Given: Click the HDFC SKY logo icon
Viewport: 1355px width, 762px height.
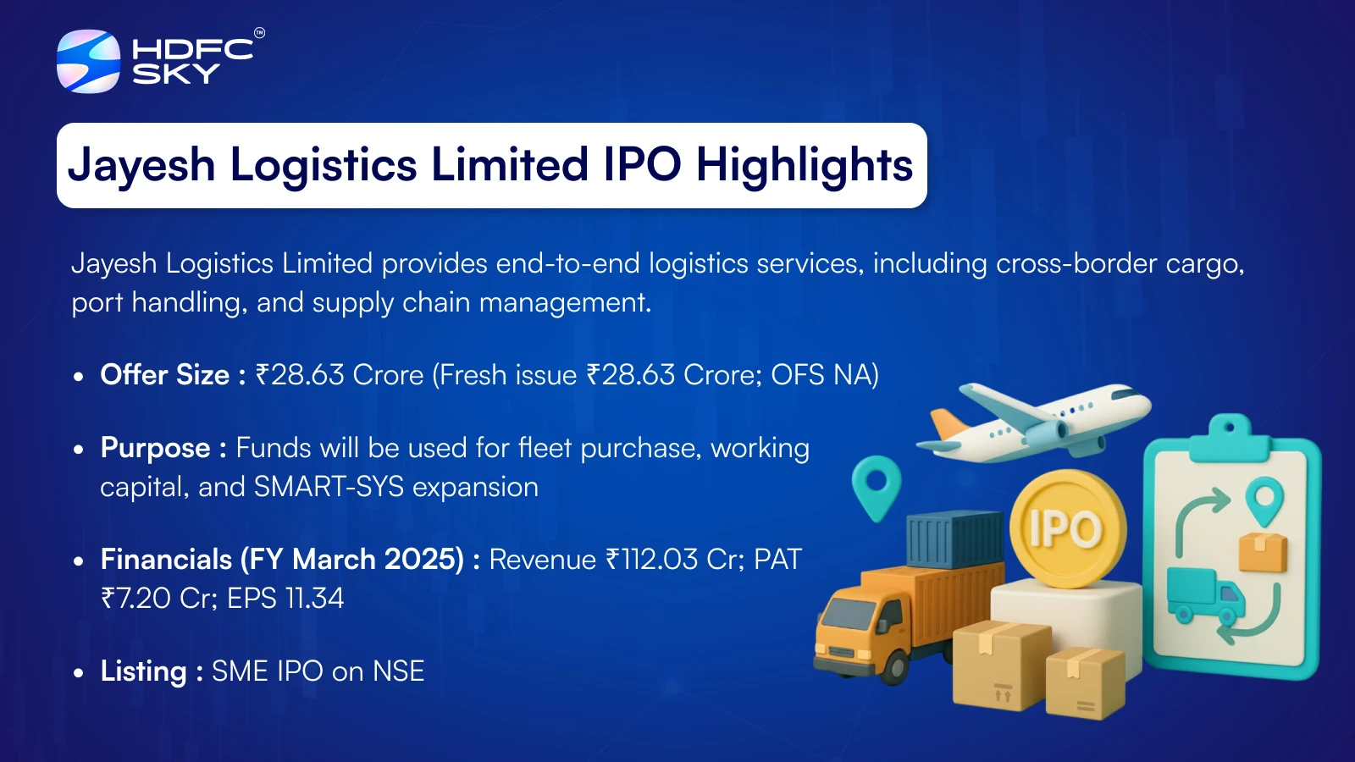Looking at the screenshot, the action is [88, 61].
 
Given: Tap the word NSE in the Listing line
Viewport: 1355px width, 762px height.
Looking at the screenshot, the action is [399, 671].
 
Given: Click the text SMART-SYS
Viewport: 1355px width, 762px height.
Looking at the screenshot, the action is [329, 487].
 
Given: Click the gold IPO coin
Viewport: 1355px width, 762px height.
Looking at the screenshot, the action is [1068, 528].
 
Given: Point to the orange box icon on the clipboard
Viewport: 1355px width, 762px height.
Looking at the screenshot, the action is [1262, 551].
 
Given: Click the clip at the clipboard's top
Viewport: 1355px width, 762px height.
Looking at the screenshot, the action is [1229, 437].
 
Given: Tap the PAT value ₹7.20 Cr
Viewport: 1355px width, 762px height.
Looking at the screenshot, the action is [160, 598].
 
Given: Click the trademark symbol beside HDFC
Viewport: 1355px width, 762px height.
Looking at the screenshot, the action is [259, 33].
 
